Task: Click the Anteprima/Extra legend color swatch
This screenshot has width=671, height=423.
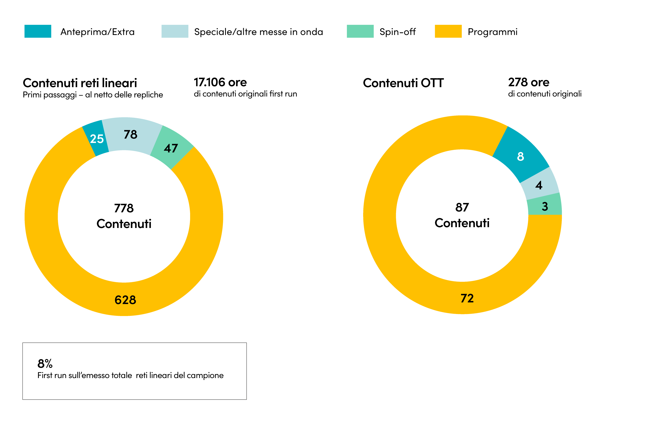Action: [x=38, y=31]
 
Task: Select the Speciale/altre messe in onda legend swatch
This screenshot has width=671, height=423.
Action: [x=175, y=31]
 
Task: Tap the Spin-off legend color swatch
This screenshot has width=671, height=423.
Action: [x=360, y=31]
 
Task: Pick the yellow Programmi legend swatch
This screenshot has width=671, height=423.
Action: [x=448, y=31]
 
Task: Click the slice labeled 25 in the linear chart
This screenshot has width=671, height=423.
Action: [x=96, y=138]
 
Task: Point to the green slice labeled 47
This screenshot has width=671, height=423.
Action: [x=171, y=148]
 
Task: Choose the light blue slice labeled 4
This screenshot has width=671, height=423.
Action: [x=539, y=185]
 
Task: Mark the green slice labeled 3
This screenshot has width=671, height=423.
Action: [x=545, y=206]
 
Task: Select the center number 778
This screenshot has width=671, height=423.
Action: [x=124, y=208]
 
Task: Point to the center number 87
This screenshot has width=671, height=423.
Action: [x=462, y=207]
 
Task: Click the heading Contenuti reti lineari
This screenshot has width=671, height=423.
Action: [x=80, y=83]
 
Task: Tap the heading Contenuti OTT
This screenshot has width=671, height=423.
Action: [x=403, y=83]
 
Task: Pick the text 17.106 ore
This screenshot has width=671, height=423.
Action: [x=220, y=82]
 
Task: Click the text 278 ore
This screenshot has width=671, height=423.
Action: [x=529, y=82]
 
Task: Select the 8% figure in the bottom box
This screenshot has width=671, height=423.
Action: [x=45, y=364]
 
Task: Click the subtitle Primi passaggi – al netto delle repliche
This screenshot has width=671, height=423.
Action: [x=93, y=95]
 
